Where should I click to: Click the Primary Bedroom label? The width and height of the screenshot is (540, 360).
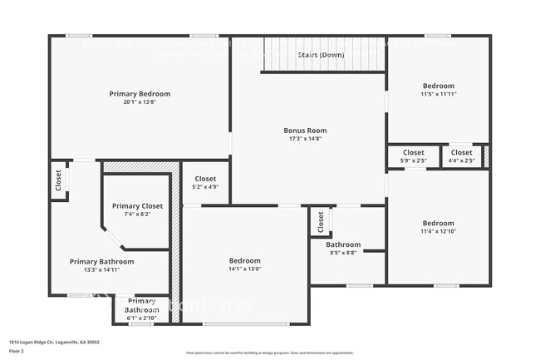(x=140, y=94)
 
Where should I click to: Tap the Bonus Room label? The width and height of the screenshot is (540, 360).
(x=305, y=131)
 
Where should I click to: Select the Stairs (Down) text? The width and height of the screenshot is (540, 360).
(x=321, y=55)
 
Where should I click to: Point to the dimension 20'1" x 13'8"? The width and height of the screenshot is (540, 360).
(x=140, y=102)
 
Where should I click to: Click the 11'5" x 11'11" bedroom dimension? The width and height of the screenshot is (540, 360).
(x=438, y=94)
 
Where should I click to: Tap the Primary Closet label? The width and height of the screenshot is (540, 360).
(x=138, y=206)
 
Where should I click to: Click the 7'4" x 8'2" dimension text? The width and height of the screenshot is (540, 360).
(x=138, y=215)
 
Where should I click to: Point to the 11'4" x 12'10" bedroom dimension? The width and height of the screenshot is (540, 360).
(x=438, y=231)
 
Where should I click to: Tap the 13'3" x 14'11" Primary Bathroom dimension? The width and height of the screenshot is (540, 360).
(x=101, y=269)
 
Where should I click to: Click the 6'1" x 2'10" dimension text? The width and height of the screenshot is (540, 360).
(x=141, y=318)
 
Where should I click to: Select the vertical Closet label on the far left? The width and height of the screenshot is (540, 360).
(x=58, y=180)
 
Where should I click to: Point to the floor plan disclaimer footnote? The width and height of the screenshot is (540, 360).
(x=269, y=353)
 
